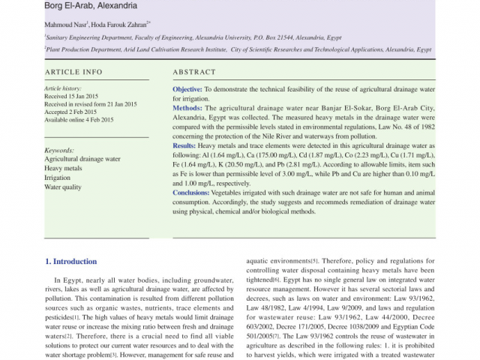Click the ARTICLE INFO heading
[73, 72]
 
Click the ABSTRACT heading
[194, 72]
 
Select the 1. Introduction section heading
[70, 262]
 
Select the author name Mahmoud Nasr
[66, 24]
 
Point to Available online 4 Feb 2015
[79, 120]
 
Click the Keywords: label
[59, 150]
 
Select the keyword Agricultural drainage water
[82, 159]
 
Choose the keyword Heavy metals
[64, 169]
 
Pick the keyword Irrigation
[58, 178]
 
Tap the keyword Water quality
[63, 187]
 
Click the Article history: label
[62, 88]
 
